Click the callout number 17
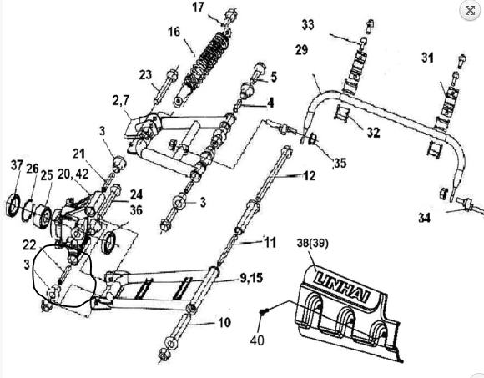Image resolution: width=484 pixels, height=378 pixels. pyautogui.click(x=198, y=7)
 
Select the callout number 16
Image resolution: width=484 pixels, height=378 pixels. pyautogui.click(x=174, y=32)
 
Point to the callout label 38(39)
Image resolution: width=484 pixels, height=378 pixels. pyautogui.click(x=312, y=243)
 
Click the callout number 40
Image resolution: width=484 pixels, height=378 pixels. pyautogui.click(x=257, y=340)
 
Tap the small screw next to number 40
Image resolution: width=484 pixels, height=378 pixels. pyautogui.click(x=263, y=312)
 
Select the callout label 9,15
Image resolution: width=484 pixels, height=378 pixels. pyautogui.click(x=251, y=278)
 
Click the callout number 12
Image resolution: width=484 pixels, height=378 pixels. pyautogui.click(x=310, y=176)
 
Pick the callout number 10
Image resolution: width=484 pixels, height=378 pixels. pyautogui.click(x=224, y=322)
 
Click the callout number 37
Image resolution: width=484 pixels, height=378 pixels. pyautogui.click(x=17, y=165)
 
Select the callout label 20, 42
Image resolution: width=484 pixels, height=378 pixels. pyautogui.click(x=73, y=174)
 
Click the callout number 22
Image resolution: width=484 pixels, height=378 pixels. pyautogui.click(x=29, y=245)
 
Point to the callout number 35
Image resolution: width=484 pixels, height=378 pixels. pyautogui.click(x=340, y=163)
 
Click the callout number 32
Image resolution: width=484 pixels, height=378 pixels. pyautogui.click(x=374, y=133)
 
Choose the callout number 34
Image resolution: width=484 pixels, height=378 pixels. pyautogui.click(x=424, y=218)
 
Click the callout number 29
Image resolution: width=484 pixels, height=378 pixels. pyautogui.click(x=301, y=50)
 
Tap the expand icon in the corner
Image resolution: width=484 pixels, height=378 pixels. pyautogui.click(x=470, y=10)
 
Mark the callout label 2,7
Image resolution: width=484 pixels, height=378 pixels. pyautogui.click(x=121, y=101)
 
